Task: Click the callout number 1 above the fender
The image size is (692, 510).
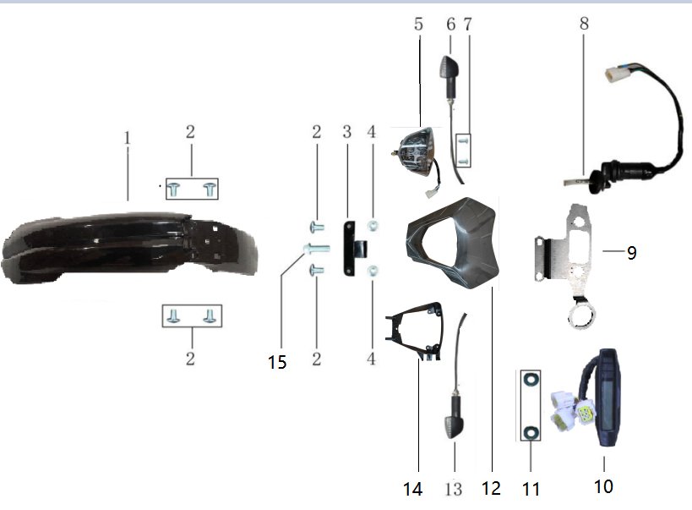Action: (128, 138)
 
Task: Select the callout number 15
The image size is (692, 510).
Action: (277, 362)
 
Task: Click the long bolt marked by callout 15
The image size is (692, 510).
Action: (316, 249)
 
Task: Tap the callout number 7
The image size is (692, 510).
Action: (468, 24)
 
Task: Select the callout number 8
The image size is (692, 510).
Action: (584, 23)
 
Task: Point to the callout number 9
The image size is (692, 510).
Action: (631, 253)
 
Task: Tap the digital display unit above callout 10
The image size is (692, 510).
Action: (606, 398)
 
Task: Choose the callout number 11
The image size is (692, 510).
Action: (531, 489)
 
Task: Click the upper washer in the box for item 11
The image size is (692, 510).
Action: (530, 379)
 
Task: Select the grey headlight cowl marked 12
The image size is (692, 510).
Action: (452, 243)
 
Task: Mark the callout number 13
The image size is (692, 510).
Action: (453, 489)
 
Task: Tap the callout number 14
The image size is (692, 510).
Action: (412, 489)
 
